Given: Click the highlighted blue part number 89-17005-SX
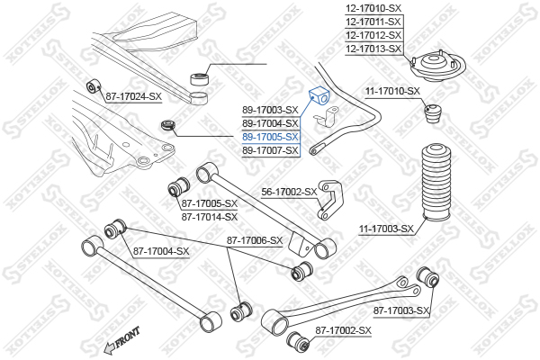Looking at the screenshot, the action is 270,137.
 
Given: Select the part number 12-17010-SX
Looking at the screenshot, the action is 373,8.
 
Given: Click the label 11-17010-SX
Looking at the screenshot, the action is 393,91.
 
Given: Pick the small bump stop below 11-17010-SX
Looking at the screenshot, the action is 434,113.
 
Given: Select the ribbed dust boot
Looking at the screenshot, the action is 436,183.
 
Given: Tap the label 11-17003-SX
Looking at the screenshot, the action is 386,229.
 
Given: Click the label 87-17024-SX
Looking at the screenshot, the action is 133,97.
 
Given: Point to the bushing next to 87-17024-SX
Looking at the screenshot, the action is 93,86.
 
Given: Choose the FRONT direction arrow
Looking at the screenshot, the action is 121,341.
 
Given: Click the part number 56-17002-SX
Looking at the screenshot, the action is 289,192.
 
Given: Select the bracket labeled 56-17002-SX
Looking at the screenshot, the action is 330,200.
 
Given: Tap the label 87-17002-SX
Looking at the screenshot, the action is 344,330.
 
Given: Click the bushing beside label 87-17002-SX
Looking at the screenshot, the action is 298,341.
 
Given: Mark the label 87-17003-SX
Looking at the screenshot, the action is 401,311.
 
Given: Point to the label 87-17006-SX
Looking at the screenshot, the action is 255,241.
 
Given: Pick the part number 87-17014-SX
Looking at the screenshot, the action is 210,217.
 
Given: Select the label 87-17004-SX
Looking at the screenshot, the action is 161,251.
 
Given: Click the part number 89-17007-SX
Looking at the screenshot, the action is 270,150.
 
